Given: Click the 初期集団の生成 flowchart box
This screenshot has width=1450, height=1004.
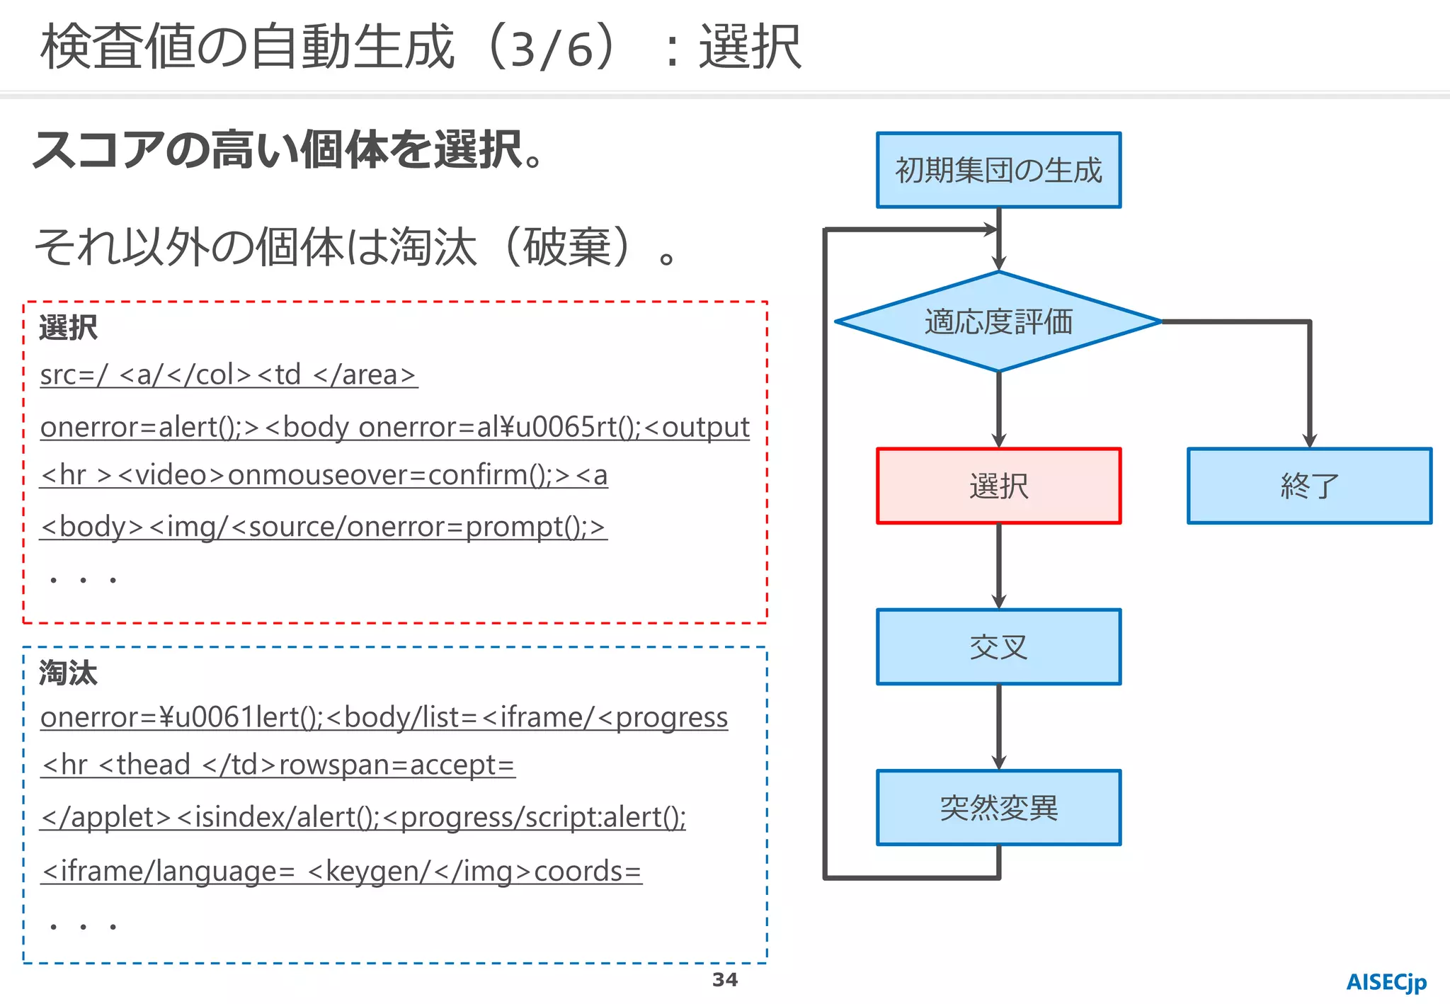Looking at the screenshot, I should [998, 170].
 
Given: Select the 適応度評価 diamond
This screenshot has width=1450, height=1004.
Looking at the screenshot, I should [998, 321].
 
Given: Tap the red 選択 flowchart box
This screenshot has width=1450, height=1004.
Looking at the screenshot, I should [998, 486].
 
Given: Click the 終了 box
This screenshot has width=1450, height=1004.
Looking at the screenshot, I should [1309, 486].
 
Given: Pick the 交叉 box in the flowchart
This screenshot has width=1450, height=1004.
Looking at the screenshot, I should [998, 646].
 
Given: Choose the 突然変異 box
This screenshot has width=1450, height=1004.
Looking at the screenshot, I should [998, 807].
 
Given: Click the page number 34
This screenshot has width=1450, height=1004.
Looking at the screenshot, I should [724, 980].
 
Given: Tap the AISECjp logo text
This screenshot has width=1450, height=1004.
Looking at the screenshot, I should [1386, 982].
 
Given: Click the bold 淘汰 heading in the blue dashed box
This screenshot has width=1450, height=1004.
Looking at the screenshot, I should [68, 673].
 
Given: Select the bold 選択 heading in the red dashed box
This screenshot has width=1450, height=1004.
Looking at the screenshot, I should [68, 327].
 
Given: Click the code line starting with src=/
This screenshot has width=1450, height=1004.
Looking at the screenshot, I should [228, 375].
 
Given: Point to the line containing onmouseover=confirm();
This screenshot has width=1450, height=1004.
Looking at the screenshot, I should [324, 474].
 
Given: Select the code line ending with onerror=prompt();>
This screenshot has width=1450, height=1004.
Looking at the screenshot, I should [323, 527].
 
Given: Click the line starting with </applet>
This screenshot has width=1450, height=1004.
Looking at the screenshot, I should [363, 817].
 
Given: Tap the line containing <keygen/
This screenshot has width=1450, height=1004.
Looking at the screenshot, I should [341, 871].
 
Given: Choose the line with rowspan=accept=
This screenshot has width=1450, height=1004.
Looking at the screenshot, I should [278, 765].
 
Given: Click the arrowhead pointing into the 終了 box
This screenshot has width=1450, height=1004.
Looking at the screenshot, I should [1309, 440].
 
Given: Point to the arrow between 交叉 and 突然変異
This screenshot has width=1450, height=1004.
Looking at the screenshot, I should [998, 727].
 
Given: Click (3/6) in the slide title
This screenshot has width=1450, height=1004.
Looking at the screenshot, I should [552, 48].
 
